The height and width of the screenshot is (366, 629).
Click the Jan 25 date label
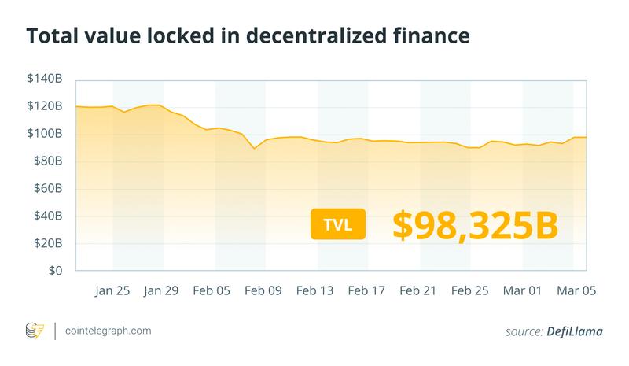112,290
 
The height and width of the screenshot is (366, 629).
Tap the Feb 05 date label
213,290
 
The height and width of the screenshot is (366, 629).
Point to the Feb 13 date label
315,290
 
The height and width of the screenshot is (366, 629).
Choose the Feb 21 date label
417,290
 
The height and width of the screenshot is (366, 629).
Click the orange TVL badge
338,224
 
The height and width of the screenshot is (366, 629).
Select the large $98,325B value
475,224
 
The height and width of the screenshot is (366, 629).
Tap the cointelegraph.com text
109,331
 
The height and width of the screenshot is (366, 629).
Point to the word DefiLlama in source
576,332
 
